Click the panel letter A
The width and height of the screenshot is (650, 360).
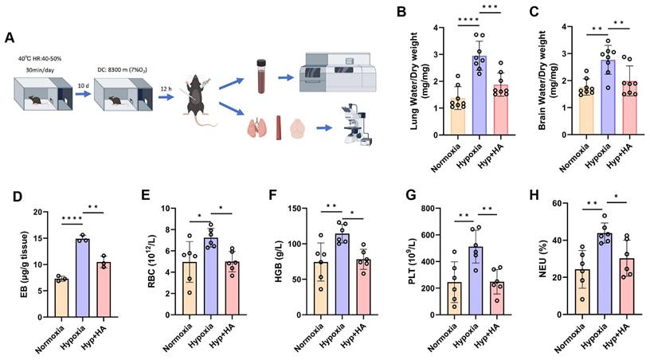9,37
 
